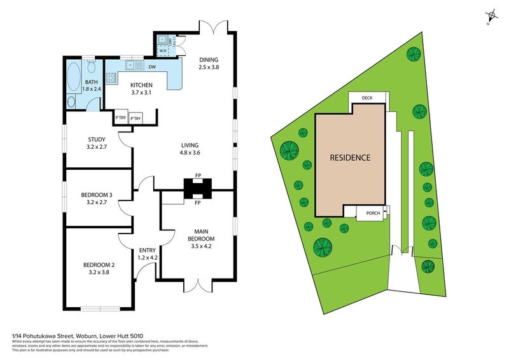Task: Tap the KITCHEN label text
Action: tap(141, 85)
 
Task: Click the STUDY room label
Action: tap(97, 140)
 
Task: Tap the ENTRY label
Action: tap(147, 251)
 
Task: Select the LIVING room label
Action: tap(190, 145)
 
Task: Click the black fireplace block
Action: tap(197, 188)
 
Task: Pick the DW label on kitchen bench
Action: tap(152, 66)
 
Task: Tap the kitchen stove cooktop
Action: tap(111, 79)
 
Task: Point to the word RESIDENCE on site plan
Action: tap(349, 158)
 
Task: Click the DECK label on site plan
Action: tap(366, 98)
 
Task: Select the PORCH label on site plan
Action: tap(373, 213)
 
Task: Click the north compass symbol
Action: tap(491, 17)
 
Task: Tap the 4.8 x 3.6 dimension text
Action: tap(190, 153)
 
